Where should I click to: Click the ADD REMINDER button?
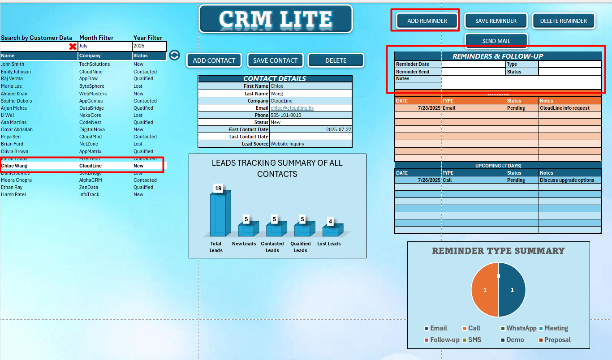427,21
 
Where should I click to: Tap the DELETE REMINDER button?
563,21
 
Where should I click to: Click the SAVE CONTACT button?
275,60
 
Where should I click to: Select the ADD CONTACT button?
214,60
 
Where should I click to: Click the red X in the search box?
73,47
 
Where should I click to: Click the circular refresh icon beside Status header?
174,55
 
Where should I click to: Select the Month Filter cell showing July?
104,46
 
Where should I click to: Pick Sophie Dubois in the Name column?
16,101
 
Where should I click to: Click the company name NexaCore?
90,115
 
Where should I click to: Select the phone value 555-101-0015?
286,115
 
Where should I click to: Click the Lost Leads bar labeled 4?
332,231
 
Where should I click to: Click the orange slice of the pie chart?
485,290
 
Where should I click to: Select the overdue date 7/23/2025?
429,108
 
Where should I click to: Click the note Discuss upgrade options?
567,180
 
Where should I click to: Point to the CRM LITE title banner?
276,19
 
